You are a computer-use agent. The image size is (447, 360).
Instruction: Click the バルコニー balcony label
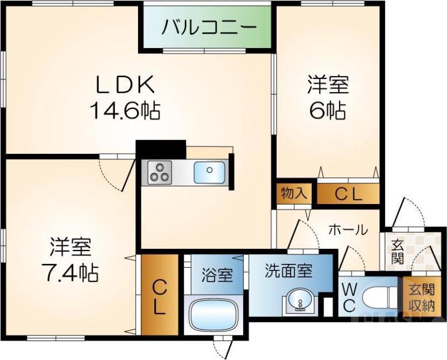209,27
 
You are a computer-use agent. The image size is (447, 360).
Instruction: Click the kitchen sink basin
210,172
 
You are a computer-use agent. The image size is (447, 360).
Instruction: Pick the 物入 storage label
293,193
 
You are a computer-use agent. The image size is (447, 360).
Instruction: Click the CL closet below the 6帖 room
348,194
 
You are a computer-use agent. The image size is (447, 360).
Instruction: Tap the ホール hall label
348,229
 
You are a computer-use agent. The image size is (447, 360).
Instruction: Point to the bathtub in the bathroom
215,315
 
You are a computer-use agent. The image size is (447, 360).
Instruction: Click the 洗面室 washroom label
288,271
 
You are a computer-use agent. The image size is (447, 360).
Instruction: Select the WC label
349,297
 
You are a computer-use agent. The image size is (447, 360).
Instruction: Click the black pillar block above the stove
161,149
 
